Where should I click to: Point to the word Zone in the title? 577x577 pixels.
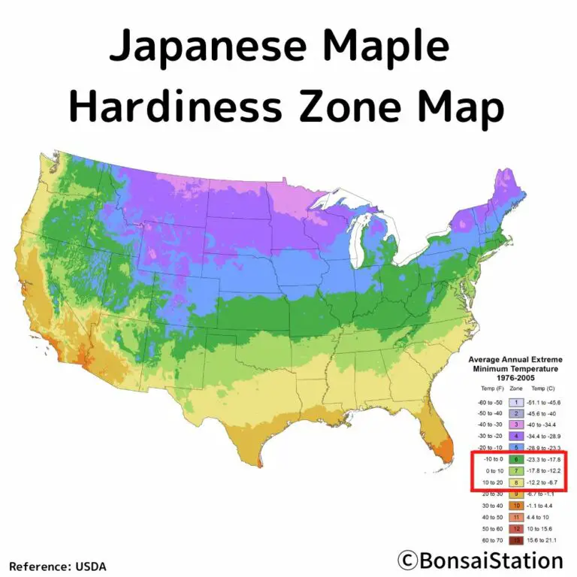(x=347, y=107)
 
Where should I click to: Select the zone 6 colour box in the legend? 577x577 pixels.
(x=516, y=458)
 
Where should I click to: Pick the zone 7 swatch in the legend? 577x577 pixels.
(x=516, y=470)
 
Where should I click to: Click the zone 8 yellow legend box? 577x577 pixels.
(x=516, y=482)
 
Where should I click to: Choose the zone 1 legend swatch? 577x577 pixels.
(x=516, y=403)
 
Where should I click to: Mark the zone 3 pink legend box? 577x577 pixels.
(x=516, y=424)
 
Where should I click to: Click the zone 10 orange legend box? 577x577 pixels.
(x=516, y=506)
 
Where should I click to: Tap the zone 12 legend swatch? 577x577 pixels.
(x=516, y=529)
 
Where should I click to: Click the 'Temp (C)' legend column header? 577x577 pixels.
(x=542, y=389)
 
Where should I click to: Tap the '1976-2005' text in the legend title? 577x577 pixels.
(x=516, y=378)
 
